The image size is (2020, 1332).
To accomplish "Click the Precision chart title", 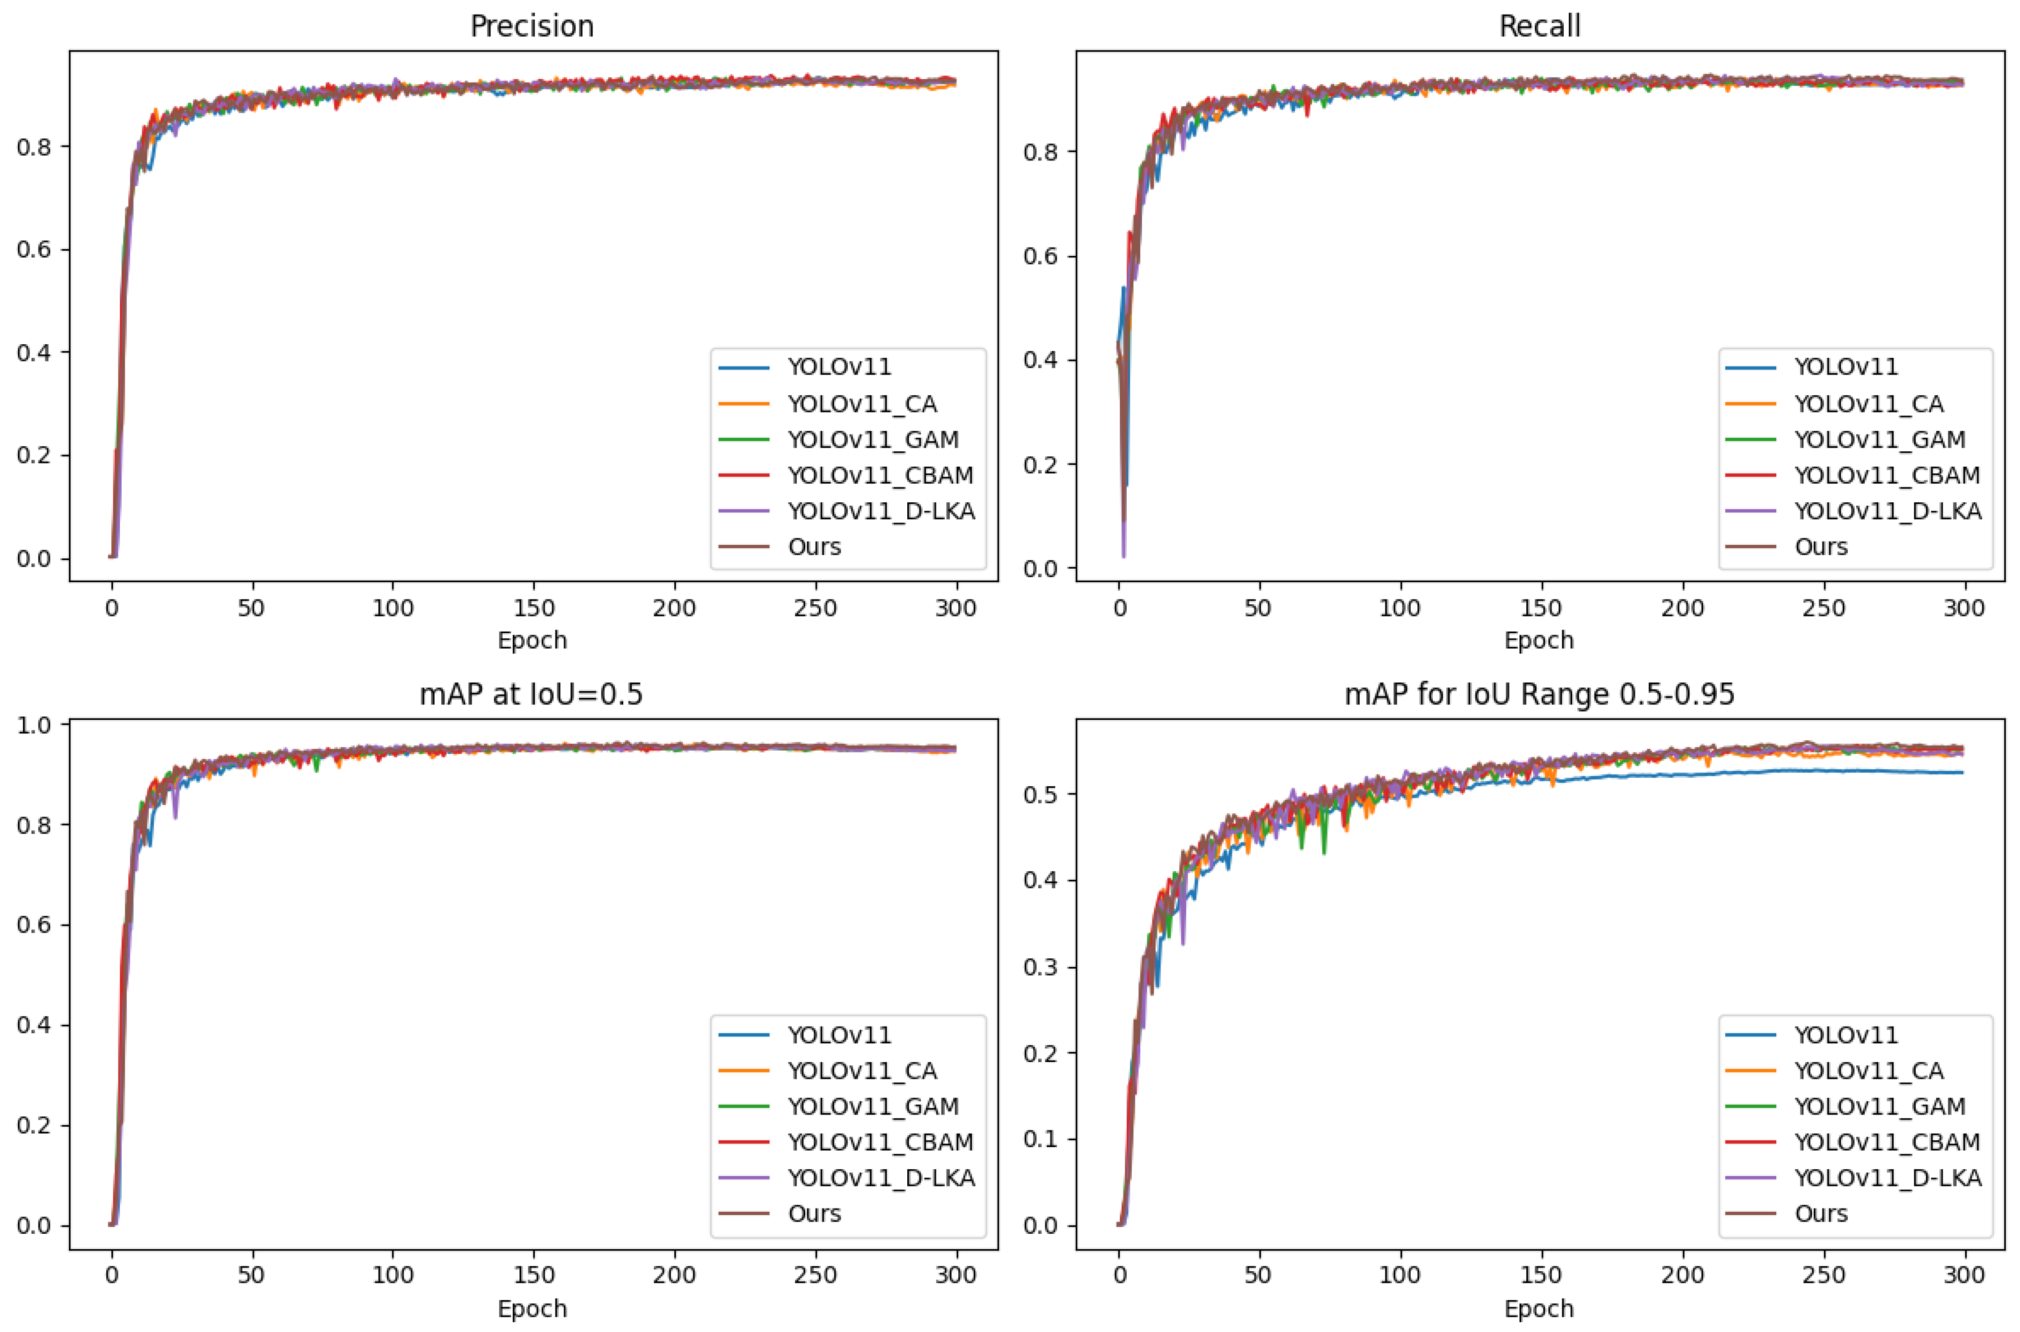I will tap(532, 26).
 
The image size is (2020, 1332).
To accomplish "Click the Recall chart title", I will tap(1539, 26).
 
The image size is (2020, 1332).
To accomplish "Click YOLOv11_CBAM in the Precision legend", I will tap(880, 475).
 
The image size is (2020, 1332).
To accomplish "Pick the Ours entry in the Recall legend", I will tap(1820, 546).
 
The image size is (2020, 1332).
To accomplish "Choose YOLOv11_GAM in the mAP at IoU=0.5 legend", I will tap(873, 1106).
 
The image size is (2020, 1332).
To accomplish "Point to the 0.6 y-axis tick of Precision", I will tap(34, 250).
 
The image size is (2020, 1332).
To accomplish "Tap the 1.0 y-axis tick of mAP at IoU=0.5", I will tap(34, 724).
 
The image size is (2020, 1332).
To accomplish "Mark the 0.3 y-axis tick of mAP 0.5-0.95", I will tap(1041, 968).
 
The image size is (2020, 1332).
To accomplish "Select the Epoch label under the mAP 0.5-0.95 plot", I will tap(1539, 1308).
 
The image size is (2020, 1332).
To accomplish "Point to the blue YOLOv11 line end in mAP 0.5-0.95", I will tap(1962, 772).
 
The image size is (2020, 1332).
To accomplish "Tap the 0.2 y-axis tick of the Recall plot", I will tap(1041, 465).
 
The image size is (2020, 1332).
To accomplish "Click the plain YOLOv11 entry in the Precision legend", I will tap(839, 367).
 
